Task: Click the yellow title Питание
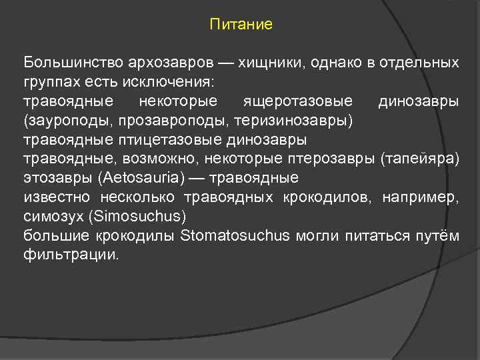(x=241, y=25)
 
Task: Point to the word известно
(x=58, y=198)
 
